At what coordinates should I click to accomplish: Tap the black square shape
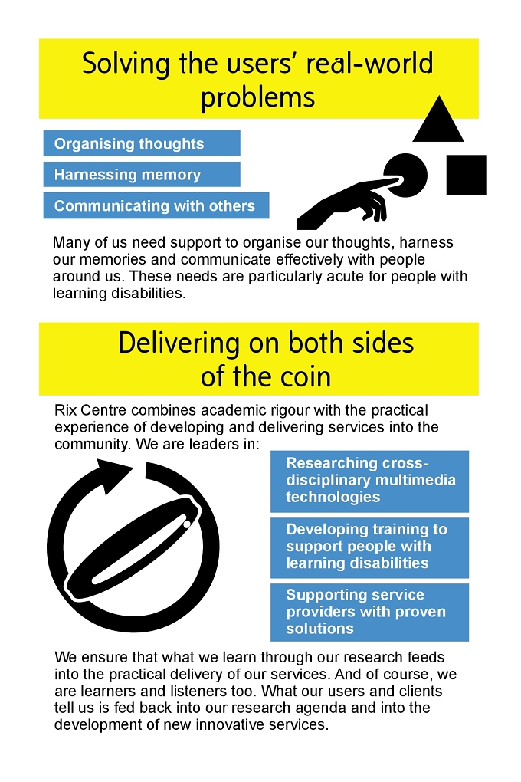click(x=466, y=175)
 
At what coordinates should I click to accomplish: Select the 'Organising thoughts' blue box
click(x=142, y=143)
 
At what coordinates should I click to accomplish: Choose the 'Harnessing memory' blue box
click(x=142, y=175)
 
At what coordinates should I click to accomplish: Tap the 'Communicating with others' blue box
click(x=156, y=205)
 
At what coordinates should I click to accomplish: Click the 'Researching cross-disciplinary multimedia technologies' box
click(x=369, y=481)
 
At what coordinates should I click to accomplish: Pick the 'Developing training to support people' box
click(x=369, y=547)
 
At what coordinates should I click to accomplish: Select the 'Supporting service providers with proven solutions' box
click(x=369, y=613)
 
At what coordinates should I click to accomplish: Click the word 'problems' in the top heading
click(x=257, y=97)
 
